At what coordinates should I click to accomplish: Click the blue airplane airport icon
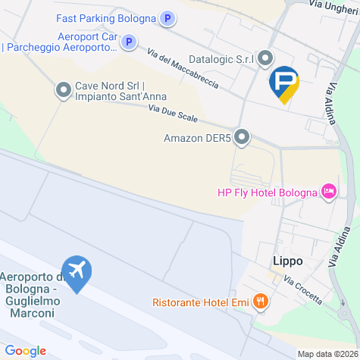(77, 271)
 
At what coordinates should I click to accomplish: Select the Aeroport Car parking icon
(130, 42)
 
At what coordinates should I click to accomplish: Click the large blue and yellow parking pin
(284, 83)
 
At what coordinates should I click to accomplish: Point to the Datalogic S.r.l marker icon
(265, 58)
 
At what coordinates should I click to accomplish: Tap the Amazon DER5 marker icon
(242, 137)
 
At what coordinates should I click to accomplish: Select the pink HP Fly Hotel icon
(329, 191)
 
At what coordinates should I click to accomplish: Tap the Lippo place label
(287, 261)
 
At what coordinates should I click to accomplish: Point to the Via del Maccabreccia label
(183, 70)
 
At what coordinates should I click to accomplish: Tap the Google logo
(24, 351)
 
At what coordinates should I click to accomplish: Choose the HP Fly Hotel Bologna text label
(267, 192)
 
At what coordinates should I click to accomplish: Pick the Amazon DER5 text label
(196, 138)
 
